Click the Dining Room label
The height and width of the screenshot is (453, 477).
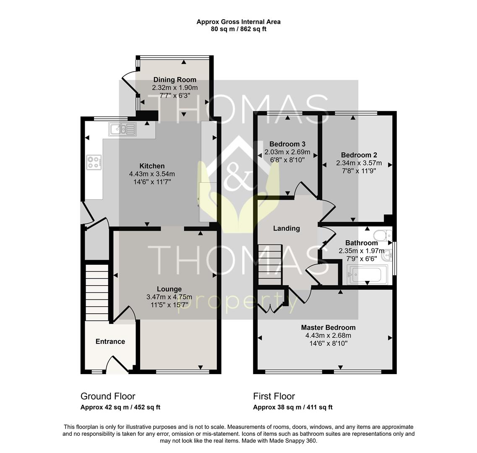tap(175, 80)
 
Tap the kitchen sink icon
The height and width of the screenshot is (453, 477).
tap(123, 129)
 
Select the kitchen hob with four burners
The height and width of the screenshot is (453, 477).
tap(94, 162)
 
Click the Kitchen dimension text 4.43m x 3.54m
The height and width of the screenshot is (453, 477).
tap(152, 174)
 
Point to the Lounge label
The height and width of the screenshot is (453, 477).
tap(169, 289)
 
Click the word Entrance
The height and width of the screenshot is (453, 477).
tap(110, 341)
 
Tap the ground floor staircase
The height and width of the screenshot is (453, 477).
tap(97, 292)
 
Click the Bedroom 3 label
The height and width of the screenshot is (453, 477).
tap(287, 144)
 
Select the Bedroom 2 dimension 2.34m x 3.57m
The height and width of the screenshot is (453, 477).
tap(359, 163)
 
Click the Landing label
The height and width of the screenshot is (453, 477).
tap(286, 228)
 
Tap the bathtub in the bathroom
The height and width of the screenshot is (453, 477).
tap(368, 274)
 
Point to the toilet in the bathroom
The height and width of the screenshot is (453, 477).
tap(382, 235)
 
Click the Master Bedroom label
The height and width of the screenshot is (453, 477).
tap(328, 327)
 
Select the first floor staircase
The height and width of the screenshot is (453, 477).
tap(269, 264)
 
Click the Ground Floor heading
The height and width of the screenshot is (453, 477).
tap(108, 396)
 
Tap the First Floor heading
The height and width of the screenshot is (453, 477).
tap(274, 396)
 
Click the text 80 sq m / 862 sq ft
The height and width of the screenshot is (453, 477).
tap(238, 29)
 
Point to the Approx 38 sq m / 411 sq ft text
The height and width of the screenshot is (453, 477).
tap(293, 407)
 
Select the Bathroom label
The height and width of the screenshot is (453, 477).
tap(361, 243)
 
